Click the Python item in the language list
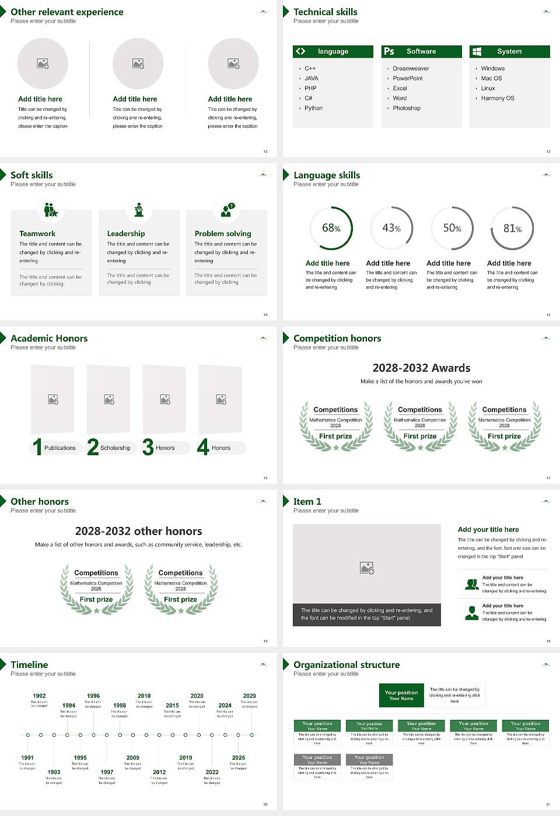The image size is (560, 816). (313, 108)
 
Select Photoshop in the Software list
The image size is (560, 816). (407, 108)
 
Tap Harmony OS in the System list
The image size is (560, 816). (498, 99)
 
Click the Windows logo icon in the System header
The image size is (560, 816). (477, 51)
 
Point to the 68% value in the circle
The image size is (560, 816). (331, 228)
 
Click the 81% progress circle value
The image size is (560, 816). (512, 228)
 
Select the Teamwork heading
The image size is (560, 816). (37, 234)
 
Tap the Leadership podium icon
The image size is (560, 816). (139, 210)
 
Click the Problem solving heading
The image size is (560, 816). (223, 234)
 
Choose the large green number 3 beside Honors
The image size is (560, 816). (148, 447)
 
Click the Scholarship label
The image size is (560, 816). (115, 448)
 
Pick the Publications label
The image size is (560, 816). (60, 448)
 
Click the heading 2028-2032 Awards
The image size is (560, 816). (421, 368)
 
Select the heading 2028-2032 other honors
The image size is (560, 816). (138, 532)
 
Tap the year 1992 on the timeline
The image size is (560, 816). (39, 696)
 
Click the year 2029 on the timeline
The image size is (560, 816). (250, 696)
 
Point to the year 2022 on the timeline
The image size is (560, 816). (212, 772)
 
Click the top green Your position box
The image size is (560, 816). (401, 695)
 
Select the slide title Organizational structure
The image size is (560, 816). (346, 665)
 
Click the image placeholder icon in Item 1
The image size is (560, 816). (367, 568)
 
